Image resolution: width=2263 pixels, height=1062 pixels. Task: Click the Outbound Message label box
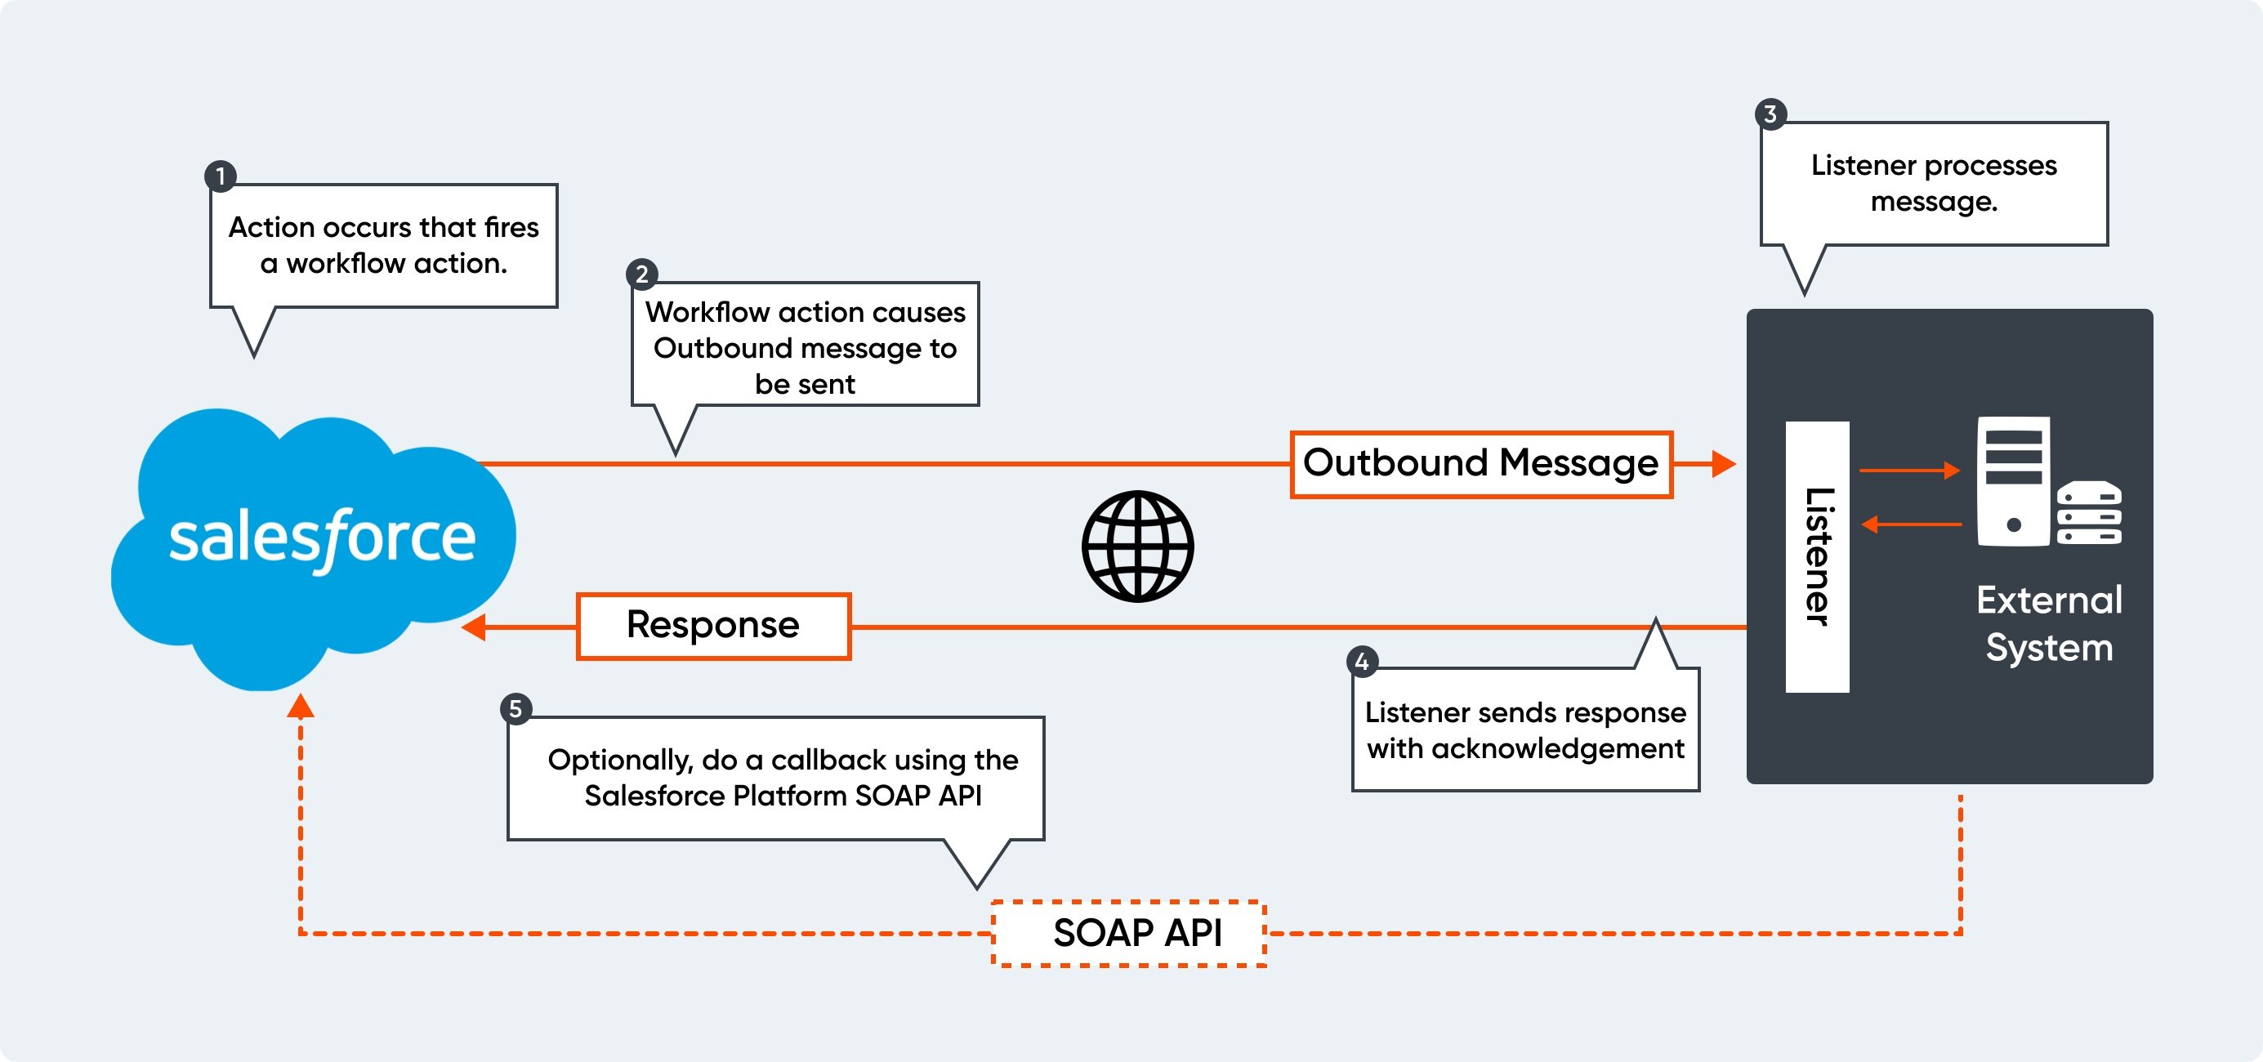pyautogui.click(x=1480, y=464)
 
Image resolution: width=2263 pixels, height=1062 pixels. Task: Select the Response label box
pyautogui.click(x=712, y=626)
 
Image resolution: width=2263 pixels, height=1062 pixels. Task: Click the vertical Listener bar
pyautogui.click(x=1817, y=556)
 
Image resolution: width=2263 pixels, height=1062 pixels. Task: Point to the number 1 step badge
pyautogui.click(x=221, y=176)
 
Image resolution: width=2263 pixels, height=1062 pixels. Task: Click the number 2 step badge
pyautogui.click(x=641, y=274)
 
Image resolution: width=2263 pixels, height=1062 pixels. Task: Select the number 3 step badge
pyautogui.click(x=1770, y=114)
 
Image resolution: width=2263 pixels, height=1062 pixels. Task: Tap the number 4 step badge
pyautogui.click(x=1362, y=662)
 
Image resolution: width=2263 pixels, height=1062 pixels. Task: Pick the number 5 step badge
pyautogui.click(x=516, y=708)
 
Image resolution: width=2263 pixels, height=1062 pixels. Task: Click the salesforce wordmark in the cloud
pyautogui.click(x=323, y=538)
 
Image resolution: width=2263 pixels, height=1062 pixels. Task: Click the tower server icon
pyautogui.click(x=2013, y=480)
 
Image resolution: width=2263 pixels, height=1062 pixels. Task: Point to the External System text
pyautogui.click(x=2049, y=622)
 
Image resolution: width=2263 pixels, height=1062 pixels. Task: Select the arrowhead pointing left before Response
pyautogui.click(x=475, y=627)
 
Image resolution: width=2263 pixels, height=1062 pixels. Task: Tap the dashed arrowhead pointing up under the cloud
pyautogui.click(x=301, y=705)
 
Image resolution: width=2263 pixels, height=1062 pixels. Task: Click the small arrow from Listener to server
pyautogui.click(x=1910, y=470)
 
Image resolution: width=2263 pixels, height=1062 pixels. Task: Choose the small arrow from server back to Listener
pyautogui.click(x=1910, y=524)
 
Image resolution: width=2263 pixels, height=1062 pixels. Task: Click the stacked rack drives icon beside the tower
pyautogui.click(x=2088, y=513)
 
